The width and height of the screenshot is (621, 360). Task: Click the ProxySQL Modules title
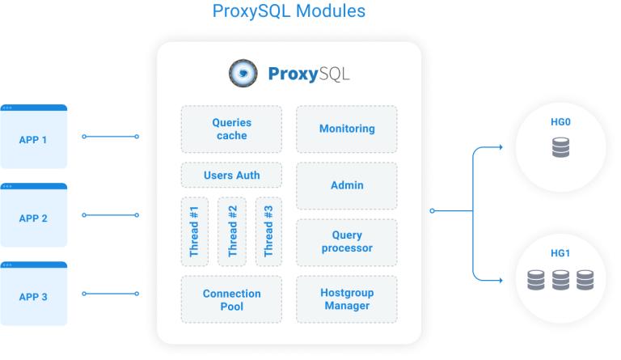click(x=289, y=11)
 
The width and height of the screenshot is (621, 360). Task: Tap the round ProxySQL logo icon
click(x=243, y=73)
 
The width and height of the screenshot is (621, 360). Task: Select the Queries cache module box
click(x=232, y=129)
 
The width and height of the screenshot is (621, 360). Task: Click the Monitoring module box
click(x=347, y=129)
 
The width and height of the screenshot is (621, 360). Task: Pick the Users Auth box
click(x=232, y=175)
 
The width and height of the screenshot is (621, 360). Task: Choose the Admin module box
click(x=347, y=185)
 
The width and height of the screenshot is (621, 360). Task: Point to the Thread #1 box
click(x=194, y=231)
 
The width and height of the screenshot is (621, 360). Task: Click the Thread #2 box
click(x=232, y=231)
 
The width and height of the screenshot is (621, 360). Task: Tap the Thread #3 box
click(x=268, y=231)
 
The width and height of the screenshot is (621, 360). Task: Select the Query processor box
click(x=347, y=243)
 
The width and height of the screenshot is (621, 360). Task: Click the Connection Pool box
click(x=232, y=299)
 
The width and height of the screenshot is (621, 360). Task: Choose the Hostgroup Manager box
click(x=347, y=299)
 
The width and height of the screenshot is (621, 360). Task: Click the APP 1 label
click(x=33, y=140)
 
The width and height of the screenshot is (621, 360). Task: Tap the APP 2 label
click(x=33, y=218)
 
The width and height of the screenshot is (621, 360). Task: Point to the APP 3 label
click(x=33, y=297)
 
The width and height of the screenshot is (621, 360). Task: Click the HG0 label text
click(x=560, y=122)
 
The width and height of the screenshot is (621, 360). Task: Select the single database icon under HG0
click(x=561, y=147)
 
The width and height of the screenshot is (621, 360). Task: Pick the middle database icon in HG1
click(x=561, y=280)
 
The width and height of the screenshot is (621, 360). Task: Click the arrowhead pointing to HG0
click(x=501, y=147)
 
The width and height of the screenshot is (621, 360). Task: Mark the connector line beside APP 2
click(x=110, y=215)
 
